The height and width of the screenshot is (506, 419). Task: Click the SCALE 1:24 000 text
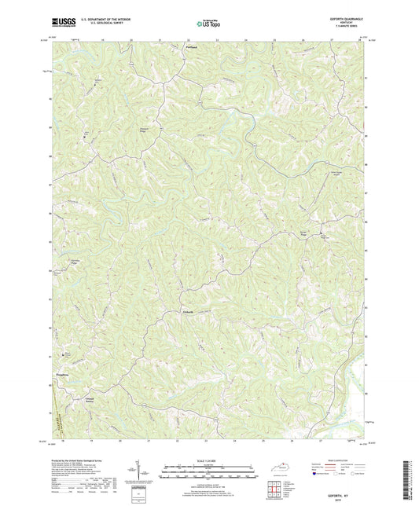click(208, 460)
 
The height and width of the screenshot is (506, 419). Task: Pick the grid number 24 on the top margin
click(245, 38)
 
